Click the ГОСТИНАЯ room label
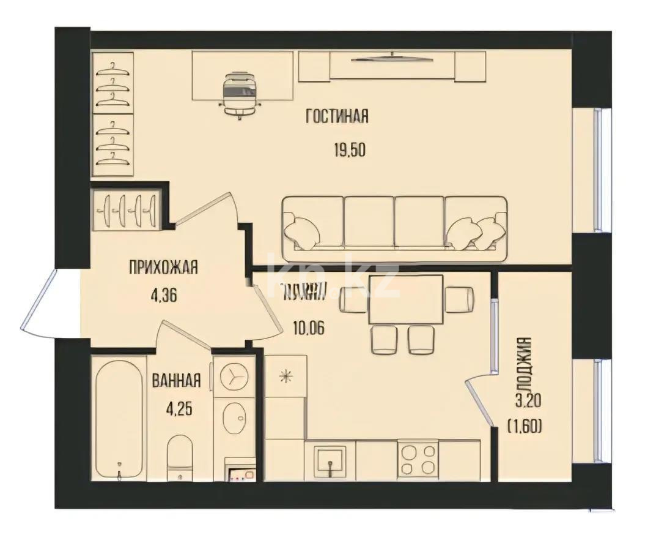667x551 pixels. pos(337,116)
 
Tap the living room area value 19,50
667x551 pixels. pos(349,150)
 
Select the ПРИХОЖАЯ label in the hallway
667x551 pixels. pos(163,267)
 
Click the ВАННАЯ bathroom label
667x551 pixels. pos(176,381)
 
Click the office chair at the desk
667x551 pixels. pos(239,93)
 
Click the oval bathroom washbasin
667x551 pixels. pos(232,420)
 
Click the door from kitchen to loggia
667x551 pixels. pos(480,401)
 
